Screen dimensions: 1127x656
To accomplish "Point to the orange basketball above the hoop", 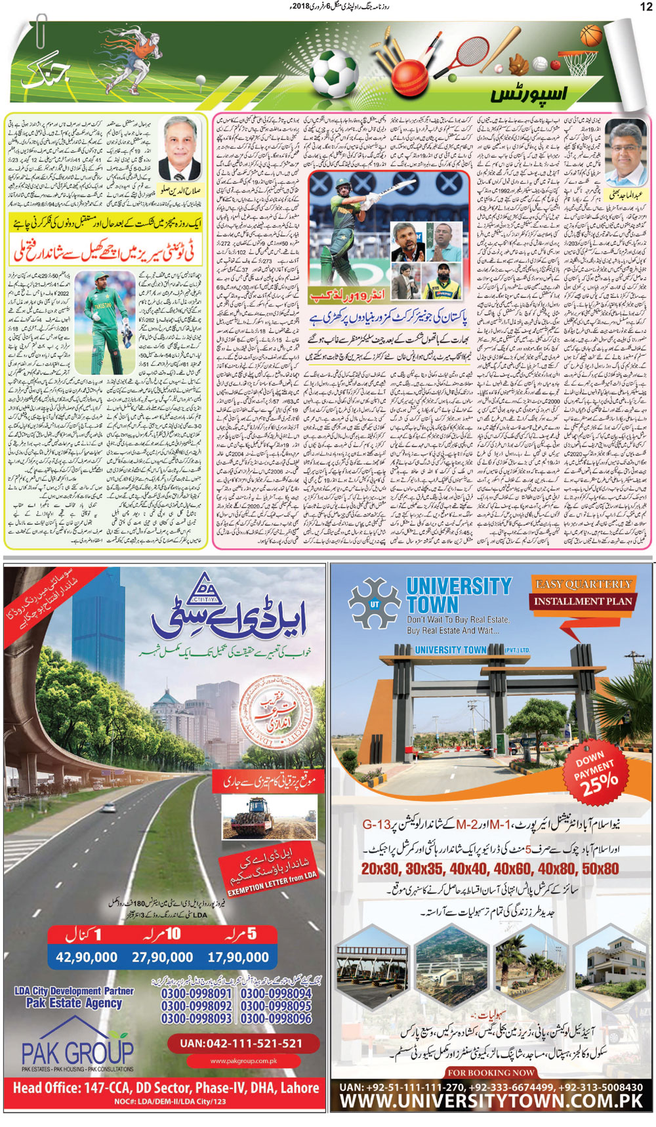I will [x=591, y=35].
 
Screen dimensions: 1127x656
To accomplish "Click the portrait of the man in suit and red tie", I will [x=182, y=148].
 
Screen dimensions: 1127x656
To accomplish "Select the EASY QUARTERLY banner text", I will [x=583, y=584].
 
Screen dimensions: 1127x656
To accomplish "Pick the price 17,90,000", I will [x=238, y=957].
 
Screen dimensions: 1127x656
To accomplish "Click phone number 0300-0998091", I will [x=196, y=994].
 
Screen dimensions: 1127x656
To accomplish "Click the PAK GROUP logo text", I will [x=77, y=1054].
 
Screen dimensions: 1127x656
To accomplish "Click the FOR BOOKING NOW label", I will [x=491, y=1073].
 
